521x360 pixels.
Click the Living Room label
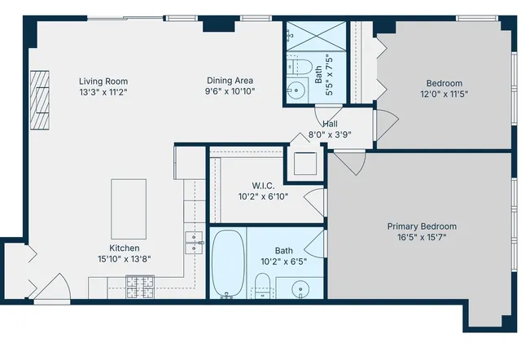click(x=103, y=81)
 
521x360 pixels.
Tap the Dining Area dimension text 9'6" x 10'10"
click(x=230, y=92)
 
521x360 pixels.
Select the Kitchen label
click(x=125, y=248)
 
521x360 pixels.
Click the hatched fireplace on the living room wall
click(x=40, y=99)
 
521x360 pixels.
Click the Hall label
click(x=331, y=124)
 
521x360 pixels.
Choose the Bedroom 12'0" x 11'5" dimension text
click(x=444, y=94)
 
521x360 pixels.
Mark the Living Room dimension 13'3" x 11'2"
click(x=103, y=92)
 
